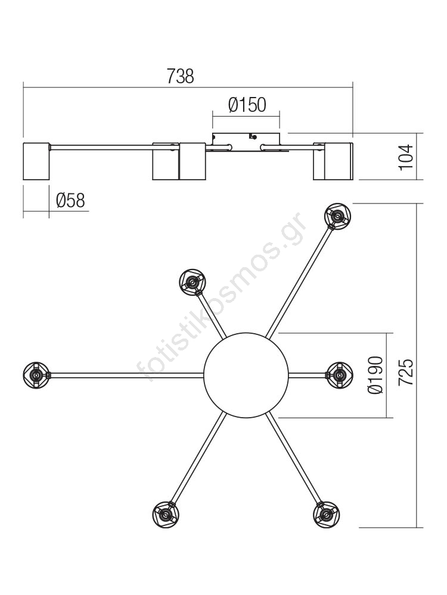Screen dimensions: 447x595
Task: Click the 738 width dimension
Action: pos(180,76)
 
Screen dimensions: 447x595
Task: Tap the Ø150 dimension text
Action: pos(247,105)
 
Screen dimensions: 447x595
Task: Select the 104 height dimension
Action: pos(406,157)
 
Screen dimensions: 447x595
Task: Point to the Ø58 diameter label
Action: pos(70,201)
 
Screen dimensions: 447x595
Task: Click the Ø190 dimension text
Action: pos(375,375)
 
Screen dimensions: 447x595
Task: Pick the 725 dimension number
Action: pos(405,372)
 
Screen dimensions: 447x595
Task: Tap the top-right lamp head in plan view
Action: pos(337,216)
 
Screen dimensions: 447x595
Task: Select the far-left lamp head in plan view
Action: pos(36,375)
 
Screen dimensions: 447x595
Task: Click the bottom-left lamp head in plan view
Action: pos(166,515)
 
